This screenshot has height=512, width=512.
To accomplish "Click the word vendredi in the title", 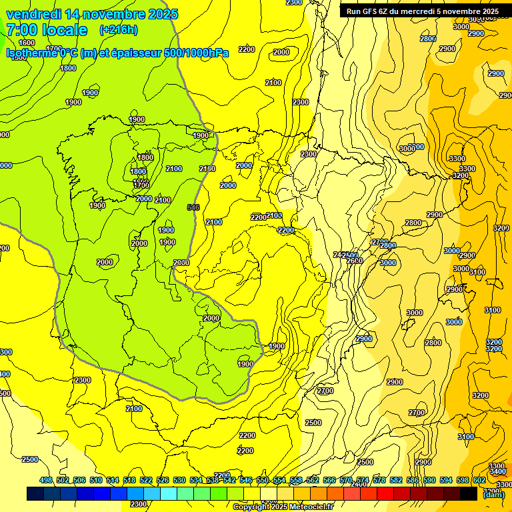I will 34,13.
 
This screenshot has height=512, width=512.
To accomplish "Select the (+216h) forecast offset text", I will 118,30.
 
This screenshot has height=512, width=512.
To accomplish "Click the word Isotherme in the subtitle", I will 31,53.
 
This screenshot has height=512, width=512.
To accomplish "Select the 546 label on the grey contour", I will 193,207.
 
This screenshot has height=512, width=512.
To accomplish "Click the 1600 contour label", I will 27,43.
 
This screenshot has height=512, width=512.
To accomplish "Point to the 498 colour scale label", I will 46,480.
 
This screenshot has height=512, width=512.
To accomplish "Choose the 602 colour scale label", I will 479,480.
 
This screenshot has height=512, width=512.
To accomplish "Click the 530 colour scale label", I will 179,480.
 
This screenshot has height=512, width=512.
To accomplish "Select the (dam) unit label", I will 493,494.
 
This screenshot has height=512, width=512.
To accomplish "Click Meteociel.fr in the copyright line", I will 311,507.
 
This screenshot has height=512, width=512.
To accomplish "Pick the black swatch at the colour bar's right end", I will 469,494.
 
